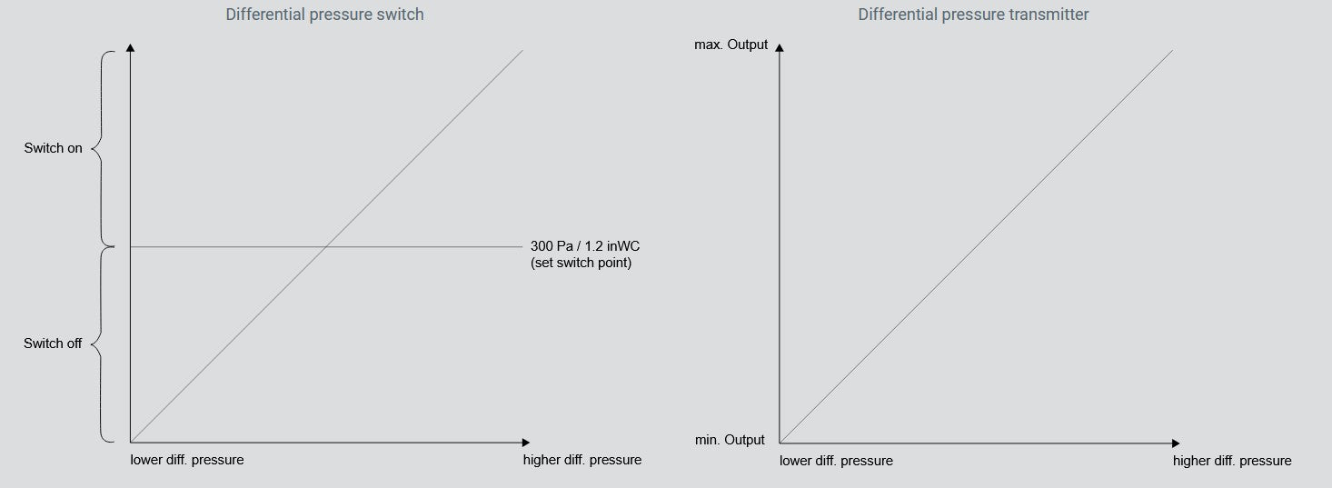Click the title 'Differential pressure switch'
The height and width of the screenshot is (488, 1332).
pos(324,15)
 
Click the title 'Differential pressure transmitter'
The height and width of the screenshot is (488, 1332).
pos(973,15)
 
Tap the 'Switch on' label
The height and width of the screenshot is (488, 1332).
pos(53,148)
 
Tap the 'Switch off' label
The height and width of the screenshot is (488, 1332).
pos(53,344)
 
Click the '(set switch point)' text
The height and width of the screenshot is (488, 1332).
pos(582,264)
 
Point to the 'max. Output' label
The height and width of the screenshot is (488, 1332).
pos(731,45)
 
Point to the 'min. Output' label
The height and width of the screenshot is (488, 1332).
pos(730,440)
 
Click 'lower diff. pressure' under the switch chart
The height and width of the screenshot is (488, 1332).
pos(187,460)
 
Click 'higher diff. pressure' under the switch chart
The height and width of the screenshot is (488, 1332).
pos(582,460)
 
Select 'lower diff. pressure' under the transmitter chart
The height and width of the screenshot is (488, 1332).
pos(836,461)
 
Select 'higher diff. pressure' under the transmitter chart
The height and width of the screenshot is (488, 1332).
pos(1231,461)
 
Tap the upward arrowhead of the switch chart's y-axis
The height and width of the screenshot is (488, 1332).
pos(131,47)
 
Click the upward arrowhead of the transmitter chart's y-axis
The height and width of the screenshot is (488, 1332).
pos(780,47)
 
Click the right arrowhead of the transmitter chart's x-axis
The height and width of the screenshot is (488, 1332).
pos(1175,443)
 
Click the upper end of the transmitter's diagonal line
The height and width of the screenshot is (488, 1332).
pos(1171,51)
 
